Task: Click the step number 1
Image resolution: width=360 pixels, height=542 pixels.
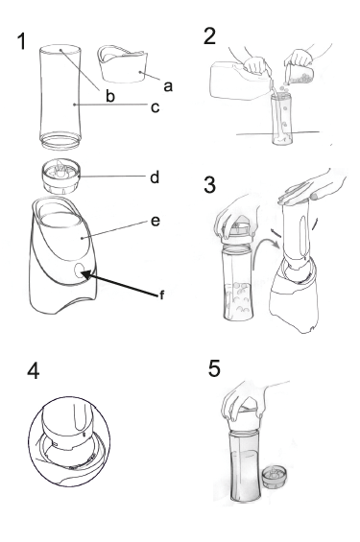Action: coord(22,41)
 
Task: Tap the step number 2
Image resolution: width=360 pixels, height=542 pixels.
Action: coord(210,36)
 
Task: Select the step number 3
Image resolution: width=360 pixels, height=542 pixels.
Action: coord(210,184)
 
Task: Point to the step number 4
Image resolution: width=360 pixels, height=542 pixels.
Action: coord(34,371)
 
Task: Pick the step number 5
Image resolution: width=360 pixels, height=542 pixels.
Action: coord(214,368)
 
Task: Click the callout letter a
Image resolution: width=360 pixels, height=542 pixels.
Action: coord(168,86)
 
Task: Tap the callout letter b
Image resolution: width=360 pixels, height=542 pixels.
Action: coord(110,96)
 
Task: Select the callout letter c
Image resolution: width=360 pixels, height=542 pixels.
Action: coord(155,107)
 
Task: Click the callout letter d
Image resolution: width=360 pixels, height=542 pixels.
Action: coord(155,177)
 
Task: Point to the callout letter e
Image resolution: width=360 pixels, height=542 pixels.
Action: coord(156,221)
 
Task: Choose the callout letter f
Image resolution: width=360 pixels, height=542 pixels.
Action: coord(161,295)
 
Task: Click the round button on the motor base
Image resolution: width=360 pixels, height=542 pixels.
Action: coord(81,270)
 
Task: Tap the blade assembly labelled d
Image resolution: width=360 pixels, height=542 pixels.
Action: coord(61,176)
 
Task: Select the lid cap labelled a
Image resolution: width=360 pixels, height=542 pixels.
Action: coord(123,64)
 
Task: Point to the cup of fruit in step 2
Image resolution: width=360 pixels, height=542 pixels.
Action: coord(300,74)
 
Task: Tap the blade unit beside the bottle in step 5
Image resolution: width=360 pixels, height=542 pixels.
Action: coord(275,477)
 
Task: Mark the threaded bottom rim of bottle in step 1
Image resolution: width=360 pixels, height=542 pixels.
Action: coord(60,141)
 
